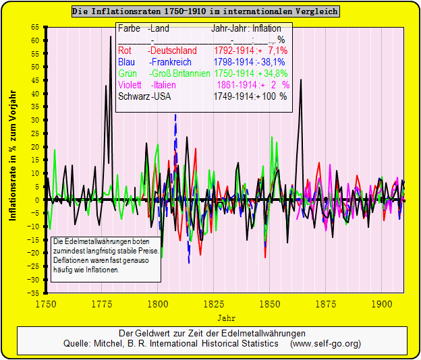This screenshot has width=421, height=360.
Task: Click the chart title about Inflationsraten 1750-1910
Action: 206,11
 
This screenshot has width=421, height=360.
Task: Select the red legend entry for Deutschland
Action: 157,51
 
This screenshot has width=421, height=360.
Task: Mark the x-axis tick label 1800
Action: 157,303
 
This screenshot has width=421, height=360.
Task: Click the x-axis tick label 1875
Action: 325,303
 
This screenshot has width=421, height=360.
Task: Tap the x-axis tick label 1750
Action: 46,303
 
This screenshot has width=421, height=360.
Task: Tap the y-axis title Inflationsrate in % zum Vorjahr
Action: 13,160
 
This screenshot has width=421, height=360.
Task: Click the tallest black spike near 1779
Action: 111,38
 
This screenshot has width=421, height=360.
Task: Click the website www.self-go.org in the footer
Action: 325,344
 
